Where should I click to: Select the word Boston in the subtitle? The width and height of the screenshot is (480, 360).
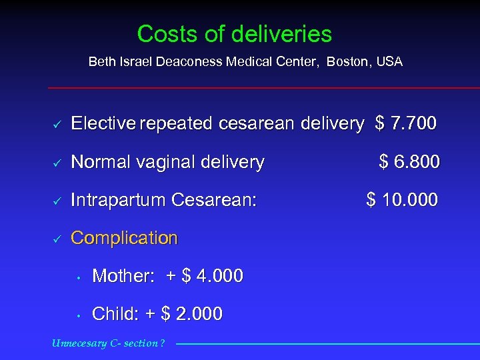[351, 62]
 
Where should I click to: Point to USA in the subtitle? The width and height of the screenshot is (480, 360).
[389, 62]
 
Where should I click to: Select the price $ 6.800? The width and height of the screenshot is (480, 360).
[409, 161]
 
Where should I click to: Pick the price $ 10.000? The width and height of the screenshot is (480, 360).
[402, 199]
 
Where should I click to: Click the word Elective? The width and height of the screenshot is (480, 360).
[103, 123]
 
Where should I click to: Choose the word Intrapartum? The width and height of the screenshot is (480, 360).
[119, 199]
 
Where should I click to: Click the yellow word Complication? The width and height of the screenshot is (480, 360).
[124, 238]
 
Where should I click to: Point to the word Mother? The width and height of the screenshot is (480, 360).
[119, 276]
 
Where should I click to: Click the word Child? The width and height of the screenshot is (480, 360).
[111, 314]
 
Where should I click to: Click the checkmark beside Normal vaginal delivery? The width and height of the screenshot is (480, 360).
[57, 162]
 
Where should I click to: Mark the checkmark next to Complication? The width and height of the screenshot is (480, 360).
[57, 238]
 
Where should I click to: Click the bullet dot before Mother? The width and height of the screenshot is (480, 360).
[78, 277]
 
